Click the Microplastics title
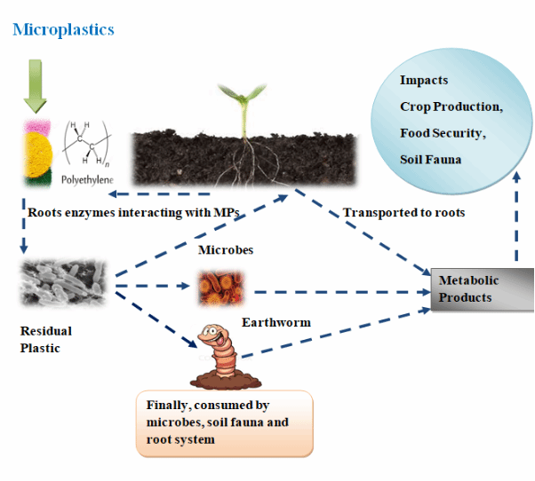tap(63, 29)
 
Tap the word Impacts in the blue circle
tap(424, 81)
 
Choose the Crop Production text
tap(451, 106)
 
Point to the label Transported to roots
tap(403, 213)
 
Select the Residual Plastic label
tap(46, 339)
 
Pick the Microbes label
tap(226, 250)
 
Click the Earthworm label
tap(276, 322)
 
